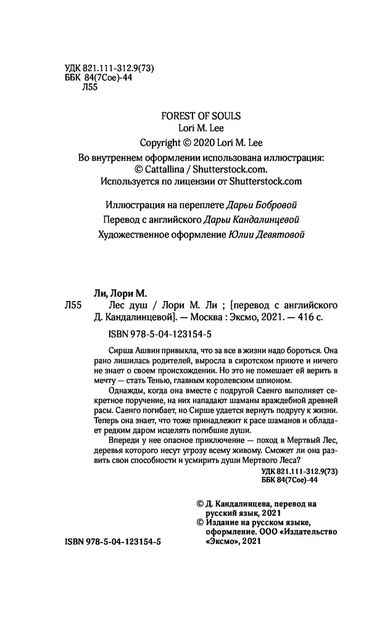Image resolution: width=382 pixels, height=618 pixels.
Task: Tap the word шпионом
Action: [282, 383]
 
